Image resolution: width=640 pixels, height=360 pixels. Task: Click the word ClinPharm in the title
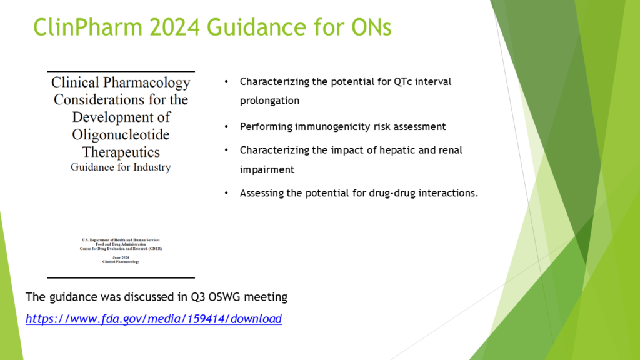[87, 27]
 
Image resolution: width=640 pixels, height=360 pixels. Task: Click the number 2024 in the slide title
[175, 27]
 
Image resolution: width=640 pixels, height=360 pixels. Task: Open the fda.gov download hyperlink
[154, 319]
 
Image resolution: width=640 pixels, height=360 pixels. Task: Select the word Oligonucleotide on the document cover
[121, 134]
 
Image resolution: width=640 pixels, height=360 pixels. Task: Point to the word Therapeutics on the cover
[121, 152]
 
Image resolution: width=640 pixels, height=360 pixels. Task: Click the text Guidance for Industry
[121, 167]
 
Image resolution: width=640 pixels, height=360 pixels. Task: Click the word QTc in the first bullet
[403, 82]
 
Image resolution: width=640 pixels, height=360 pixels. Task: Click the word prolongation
[270, 101]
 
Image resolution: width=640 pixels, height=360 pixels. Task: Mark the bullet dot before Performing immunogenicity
[226, 126]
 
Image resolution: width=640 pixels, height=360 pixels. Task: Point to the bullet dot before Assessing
[226, 193]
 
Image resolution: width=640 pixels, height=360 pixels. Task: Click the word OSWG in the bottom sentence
[224, 297]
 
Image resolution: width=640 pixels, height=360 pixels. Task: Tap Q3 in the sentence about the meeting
[198, 297]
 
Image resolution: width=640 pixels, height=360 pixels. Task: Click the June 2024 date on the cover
[121, 257]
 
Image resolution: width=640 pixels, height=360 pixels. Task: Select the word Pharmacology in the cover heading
[146, 82]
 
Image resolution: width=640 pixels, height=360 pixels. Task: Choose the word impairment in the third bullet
[267, 170]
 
